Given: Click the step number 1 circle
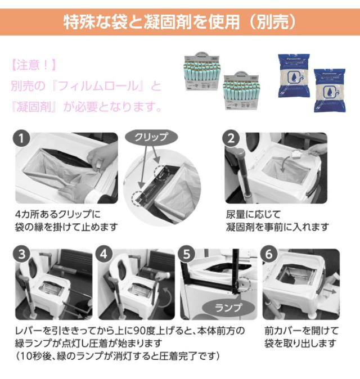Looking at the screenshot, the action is (21, 138).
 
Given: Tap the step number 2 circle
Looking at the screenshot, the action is (231, 138).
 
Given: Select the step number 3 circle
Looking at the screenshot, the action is (22, 254).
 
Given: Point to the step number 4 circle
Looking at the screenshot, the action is (103, 254).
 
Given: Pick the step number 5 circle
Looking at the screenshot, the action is (186, 254).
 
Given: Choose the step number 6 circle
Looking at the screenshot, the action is (269, 254).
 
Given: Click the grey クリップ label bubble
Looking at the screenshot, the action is (151, 137).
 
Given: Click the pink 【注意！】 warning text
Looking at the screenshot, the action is (34, 65).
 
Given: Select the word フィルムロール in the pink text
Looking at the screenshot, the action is (100, 86).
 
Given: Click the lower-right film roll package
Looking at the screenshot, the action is (241, 91).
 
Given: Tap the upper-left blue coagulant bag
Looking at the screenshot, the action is (294, 75).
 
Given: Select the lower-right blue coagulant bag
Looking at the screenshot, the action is (330, 91).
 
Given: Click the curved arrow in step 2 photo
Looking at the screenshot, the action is (285, 163).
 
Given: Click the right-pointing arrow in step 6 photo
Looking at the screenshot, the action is (329, 291).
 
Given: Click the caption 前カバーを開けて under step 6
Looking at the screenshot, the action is (301, 331).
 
